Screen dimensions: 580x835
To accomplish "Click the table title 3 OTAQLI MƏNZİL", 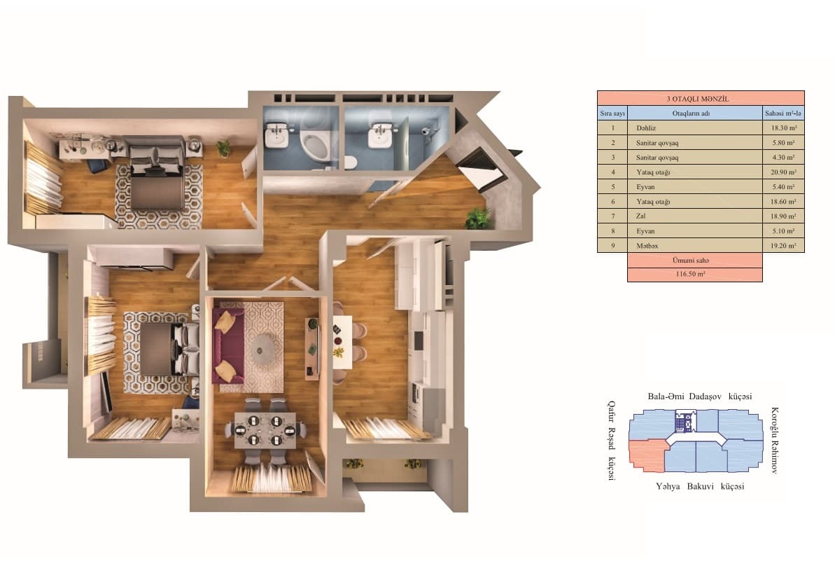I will [700, 99].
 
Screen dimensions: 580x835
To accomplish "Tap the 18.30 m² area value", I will [783, 128].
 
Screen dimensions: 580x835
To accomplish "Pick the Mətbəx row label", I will [647, 246].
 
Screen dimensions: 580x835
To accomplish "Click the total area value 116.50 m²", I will [694, 275].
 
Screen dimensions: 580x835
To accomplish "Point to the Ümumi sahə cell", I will [694, 260].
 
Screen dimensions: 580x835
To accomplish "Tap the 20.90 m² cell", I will [783, 172].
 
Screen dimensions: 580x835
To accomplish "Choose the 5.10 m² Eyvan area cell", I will [783, 231].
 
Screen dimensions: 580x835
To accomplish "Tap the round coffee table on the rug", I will [264, 346].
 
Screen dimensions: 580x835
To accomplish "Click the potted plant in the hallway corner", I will [479, 219].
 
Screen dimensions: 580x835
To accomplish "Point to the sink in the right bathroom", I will [381, 133].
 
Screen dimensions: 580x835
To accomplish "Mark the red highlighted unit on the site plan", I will [648, 454].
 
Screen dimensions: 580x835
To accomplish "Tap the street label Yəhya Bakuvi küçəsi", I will [699, 486].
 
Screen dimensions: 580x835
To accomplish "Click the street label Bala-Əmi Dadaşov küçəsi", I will [700, 396].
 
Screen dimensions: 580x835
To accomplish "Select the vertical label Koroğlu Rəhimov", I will [774, 440].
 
